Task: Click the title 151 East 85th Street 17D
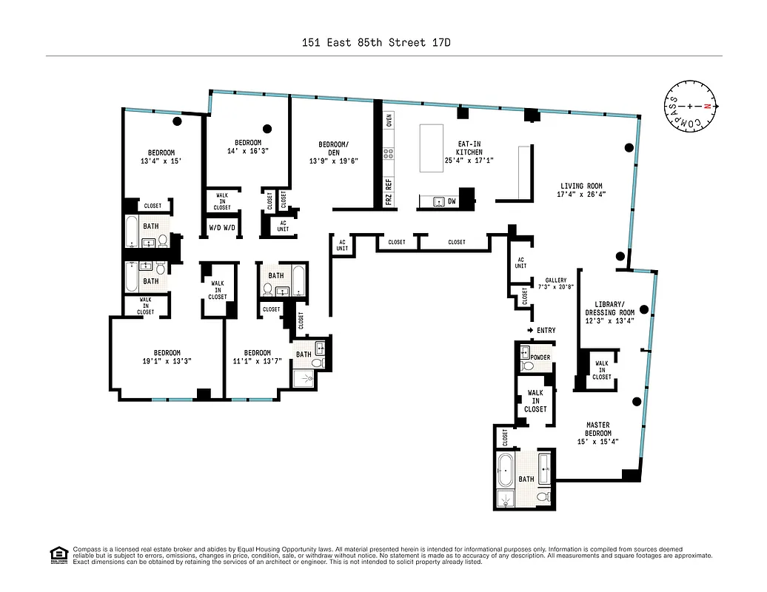pyautogui.click(x=375, y=42)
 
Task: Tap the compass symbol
pyautogui.click(x=689, y=107)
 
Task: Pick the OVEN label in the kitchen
pyautogui.click(x=389, y=120)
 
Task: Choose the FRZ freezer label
pyautogui.click(x=389, y=199)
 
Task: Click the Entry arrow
pyautogui.click(x=530, y=330)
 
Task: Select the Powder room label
pyautogui.click(x=540, y=357)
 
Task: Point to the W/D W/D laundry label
pyautogui.click(x=222, y=227)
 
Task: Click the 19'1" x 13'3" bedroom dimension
pyautogui.click(x=167, y=361)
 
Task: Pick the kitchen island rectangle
pyautogui.click(x=431, y=148)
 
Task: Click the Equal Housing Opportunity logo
pyautogui.click(x=58, y=554)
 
